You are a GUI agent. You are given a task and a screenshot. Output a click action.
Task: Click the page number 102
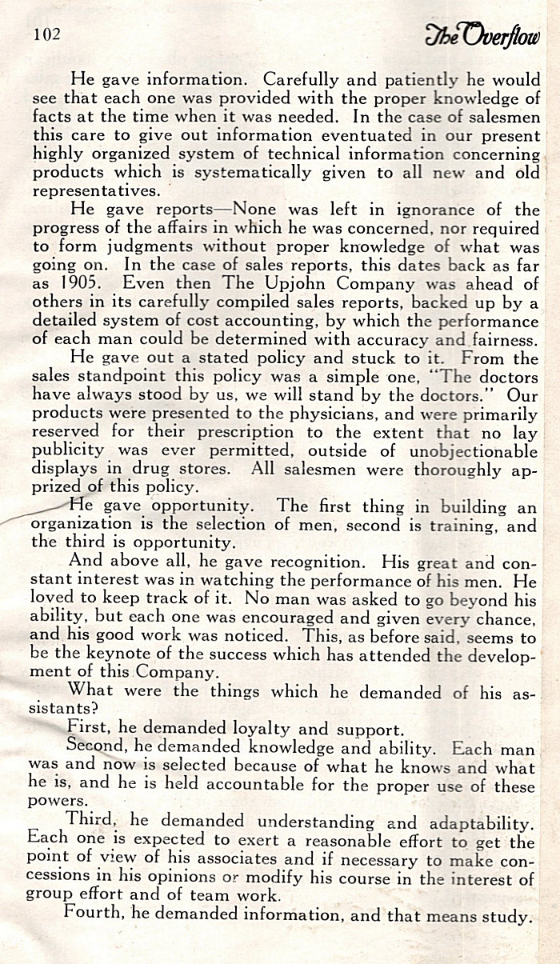pyautogui.click(x=47, y=35)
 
